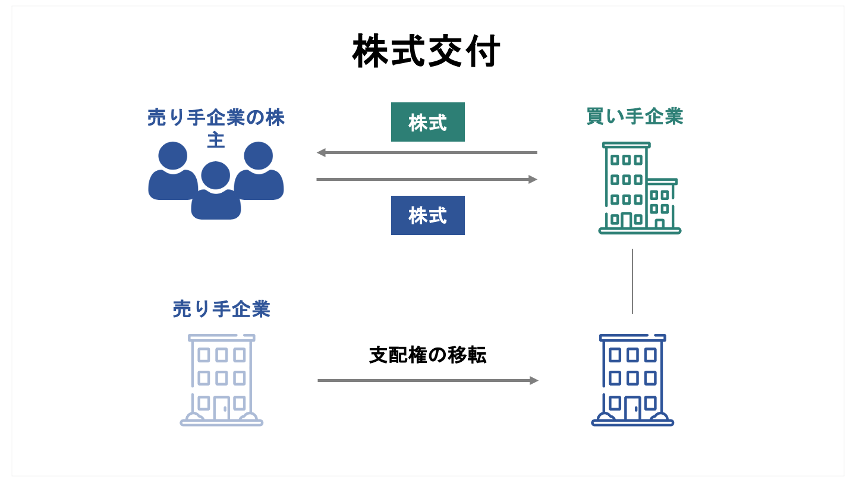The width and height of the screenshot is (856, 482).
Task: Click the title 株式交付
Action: pyautogui.click(x=427, y=52)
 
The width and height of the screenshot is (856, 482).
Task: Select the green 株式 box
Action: pyautogui.click(x=427, y=122)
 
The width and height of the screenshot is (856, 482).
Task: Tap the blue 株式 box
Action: pyautogui.click(x=427, y=215)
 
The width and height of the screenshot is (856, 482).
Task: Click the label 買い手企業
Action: pyautogui.click(x=635, y=117)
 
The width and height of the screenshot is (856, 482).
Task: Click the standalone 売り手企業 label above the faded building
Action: pyautogui.click(x=221, y=309)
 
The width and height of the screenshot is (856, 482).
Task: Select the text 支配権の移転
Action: pyautogui.click(x=427, y=355)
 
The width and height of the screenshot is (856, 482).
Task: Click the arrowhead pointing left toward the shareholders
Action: pyautogui.click(x=321, y=153)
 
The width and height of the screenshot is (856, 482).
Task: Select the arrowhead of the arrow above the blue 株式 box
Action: pyautogui.click(x=533, y=179)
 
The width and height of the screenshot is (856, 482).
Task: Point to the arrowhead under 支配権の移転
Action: pyautogui.click(x=534, y=380)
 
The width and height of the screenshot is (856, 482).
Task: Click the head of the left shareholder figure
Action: pyautogui.click(x=173, y=154)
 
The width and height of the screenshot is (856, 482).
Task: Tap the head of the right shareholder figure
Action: pyautogui.click(x=259, y=154)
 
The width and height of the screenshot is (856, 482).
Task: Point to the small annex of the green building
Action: pyautogui.click(x=661, y=205)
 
